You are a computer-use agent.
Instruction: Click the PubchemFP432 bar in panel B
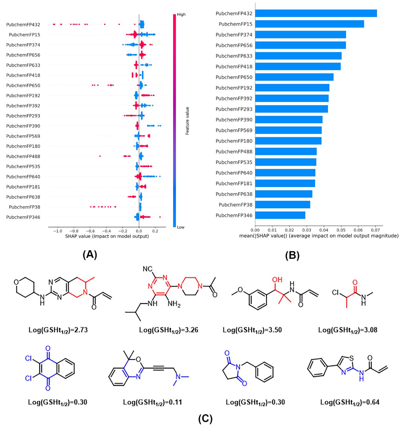click(316, 13)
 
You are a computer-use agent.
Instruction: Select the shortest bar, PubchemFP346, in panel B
click(280, 215)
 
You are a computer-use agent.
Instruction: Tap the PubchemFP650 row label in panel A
click(23, 85)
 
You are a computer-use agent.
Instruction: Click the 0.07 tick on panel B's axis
click(375, 230)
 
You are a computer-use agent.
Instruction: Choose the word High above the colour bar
click(181, 15)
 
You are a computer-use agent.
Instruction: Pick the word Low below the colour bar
click(181, 227)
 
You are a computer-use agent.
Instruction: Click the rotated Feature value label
click(187, 121)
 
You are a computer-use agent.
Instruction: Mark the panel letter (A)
click(90, 255)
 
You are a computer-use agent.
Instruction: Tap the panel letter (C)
click(205, 419)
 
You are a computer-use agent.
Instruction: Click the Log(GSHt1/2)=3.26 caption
click(169, 330)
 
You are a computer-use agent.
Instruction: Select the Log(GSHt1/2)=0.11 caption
click(152, 402)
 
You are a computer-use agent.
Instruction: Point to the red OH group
click(277, 279)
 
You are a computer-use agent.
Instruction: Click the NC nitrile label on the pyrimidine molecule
click(148, 269)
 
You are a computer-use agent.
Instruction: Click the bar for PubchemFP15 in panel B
click(309, 24)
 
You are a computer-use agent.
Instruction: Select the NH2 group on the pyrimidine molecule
click(174, 304)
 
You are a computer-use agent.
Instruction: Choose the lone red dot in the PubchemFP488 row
click(100, 156)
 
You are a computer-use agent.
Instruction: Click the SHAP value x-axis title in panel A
click(107, 236)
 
